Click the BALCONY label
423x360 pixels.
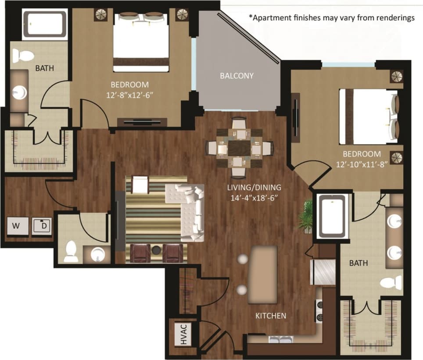(x=237, y=76)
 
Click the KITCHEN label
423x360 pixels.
(x=271, y=316)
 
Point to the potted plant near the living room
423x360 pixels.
(x=306, y=216)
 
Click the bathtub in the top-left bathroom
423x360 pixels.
(x=45, y=25)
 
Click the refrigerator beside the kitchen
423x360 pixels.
(x=323, y=272)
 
